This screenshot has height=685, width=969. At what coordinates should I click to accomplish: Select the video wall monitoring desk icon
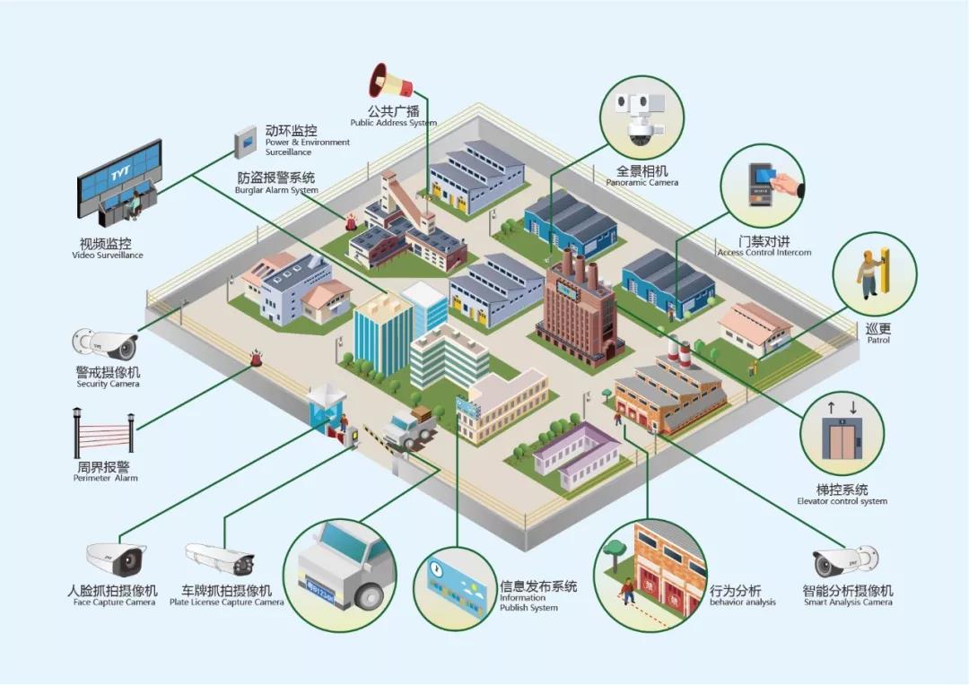[x=119, y=186]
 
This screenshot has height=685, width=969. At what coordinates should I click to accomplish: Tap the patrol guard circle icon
[x=875, y=273]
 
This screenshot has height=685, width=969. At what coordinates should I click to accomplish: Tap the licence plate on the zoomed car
[x=319, y=591]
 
